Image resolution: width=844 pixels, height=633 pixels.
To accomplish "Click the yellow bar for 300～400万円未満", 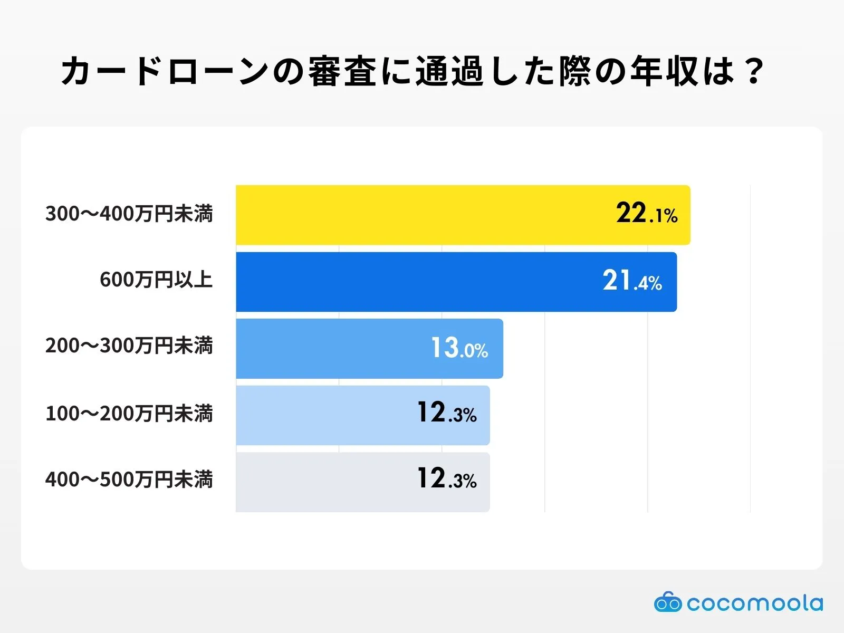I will tap(422, 215).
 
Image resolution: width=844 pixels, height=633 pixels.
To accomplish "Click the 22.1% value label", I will tap(647, 214).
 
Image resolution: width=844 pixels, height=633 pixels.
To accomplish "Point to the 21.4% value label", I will tap(632, 281).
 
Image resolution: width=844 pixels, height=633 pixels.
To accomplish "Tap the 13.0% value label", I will tap(459, 348).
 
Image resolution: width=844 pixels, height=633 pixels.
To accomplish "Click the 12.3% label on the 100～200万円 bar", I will tap(447, 414).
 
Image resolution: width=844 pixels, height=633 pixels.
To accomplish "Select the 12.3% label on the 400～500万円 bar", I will tap(447, 479).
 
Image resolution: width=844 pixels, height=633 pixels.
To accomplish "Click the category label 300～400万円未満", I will tap(129, 214).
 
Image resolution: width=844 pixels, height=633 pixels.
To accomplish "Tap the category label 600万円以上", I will tap(156, 280).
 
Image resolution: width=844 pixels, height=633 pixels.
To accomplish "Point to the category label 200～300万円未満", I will tap(129, 346).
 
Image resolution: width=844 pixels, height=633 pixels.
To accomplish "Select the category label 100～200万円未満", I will tap(129, 414).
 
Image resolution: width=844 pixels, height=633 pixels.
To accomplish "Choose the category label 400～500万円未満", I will tap(129, 479).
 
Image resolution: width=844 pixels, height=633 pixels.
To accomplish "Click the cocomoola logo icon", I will tap(668, 602).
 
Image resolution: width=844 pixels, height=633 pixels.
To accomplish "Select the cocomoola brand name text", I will tap(754, 603).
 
